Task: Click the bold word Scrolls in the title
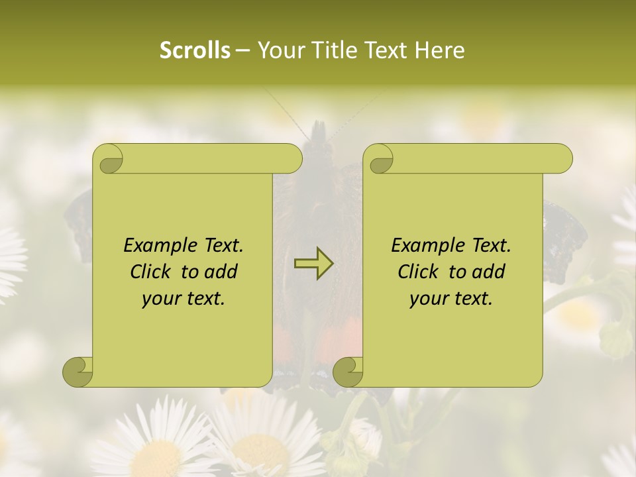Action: (x=195, y=50)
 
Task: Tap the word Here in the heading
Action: (x=440, y=50)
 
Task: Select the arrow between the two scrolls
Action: (x=313, y=264)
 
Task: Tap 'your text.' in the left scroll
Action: (x=184, y=298)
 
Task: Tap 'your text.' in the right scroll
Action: (x=451, y=298)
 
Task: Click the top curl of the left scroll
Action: (x=109, y=160)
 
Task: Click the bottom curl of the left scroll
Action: (x=78, y=372)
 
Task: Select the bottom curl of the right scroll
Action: (x=348, y=372)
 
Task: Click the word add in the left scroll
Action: (x=221, y=272)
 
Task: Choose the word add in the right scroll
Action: (x=489, y=272)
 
